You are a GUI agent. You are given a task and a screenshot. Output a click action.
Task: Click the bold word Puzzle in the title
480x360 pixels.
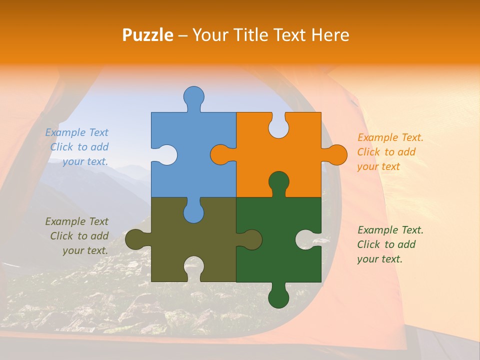[148, 35]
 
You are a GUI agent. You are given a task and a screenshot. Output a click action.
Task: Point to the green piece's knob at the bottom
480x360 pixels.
[278, 297]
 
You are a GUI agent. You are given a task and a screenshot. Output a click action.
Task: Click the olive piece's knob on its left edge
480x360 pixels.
[136, 239]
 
